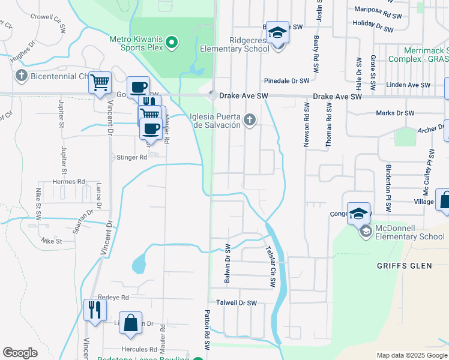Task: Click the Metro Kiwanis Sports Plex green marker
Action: pyautogui.click(x=172, y=42)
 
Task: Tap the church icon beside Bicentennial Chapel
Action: pyautogui.click(x=22, y=76)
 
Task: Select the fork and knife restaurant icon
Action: pyautogui.click(x=95, y=310)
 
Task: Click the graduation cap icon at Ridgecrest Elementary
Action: pyautogui.click(x=277, y=32)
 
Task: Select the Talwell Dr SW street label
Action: pyautogui.click(x=237, y=304)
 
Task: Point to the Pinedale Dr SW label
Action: pyautogui.click(x=287, y=80)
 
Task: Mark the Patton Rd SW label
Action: pyautogui.click(x=206, y=329)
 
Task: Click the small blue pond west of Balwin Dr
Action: pyautogui.click(x=139, y=263)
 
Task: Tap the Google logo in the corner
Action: pyautogui.click(x=20, y=353)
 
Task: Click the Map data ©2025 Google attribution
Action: pyautogui.click(x=411, y=355)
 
